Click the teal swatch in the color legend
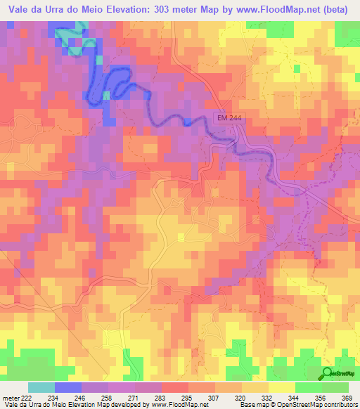tap(41, 387)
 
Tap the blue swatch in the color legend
tap(68, 387)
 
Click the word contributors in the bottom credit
tap(338, 405)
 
